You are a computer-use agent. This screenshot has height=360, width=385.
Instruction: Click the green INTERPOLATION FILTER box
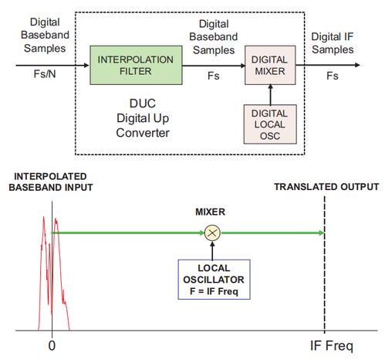136,65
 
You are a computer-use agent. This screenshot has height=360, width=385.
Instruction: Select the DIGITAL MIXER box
270,65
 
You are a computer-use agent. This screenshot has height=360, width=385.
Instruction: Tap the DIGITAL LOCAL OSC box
270,124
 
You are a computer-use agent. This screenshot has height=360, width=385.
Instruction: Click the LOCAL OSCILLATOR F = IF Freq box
214,280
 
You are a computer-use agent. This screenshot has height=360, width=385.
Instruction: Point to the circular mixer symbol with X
212,233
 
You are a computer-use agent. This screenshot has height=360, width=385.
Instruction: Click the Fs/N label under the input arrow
45,74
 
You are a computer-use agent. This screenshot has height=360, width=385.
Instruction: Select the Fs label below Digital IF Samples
333,76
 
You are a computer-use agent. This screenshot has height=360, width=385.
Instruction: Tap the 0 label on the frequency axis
52,345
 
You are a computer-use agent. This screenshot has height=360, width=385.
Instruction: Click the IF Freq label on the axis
332,345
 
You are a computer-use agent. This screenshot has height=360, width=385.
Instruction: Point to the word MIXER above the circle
210,212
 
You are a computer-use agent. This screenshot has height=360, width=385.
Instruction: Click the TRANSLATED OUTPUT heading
326,187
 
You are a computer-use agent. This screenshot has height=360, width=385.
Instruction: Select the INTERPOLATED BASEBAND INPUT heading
51,182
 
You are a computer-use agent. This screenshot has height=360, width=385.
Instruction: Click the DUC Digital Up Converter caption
143,118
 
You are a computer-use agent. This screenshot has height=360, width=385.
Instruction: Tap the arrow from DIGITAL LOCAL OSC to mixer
270,94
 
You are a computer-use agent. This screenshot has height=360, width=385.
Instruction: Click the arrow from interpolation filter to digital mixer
214,66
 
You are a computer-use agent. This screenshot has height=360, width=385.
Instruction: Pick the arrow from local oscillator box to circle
212,250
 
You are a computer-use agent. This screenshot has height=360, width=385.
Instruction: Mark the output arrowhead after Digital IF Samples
357,65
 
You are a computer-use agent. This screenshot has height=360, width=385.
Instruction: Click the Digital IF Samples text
333,43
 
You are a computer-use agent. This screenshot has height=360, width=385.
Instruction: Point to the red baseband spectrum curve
54,273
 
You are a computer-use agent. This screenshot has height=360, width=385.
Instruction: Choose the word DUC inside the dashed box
143,104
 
